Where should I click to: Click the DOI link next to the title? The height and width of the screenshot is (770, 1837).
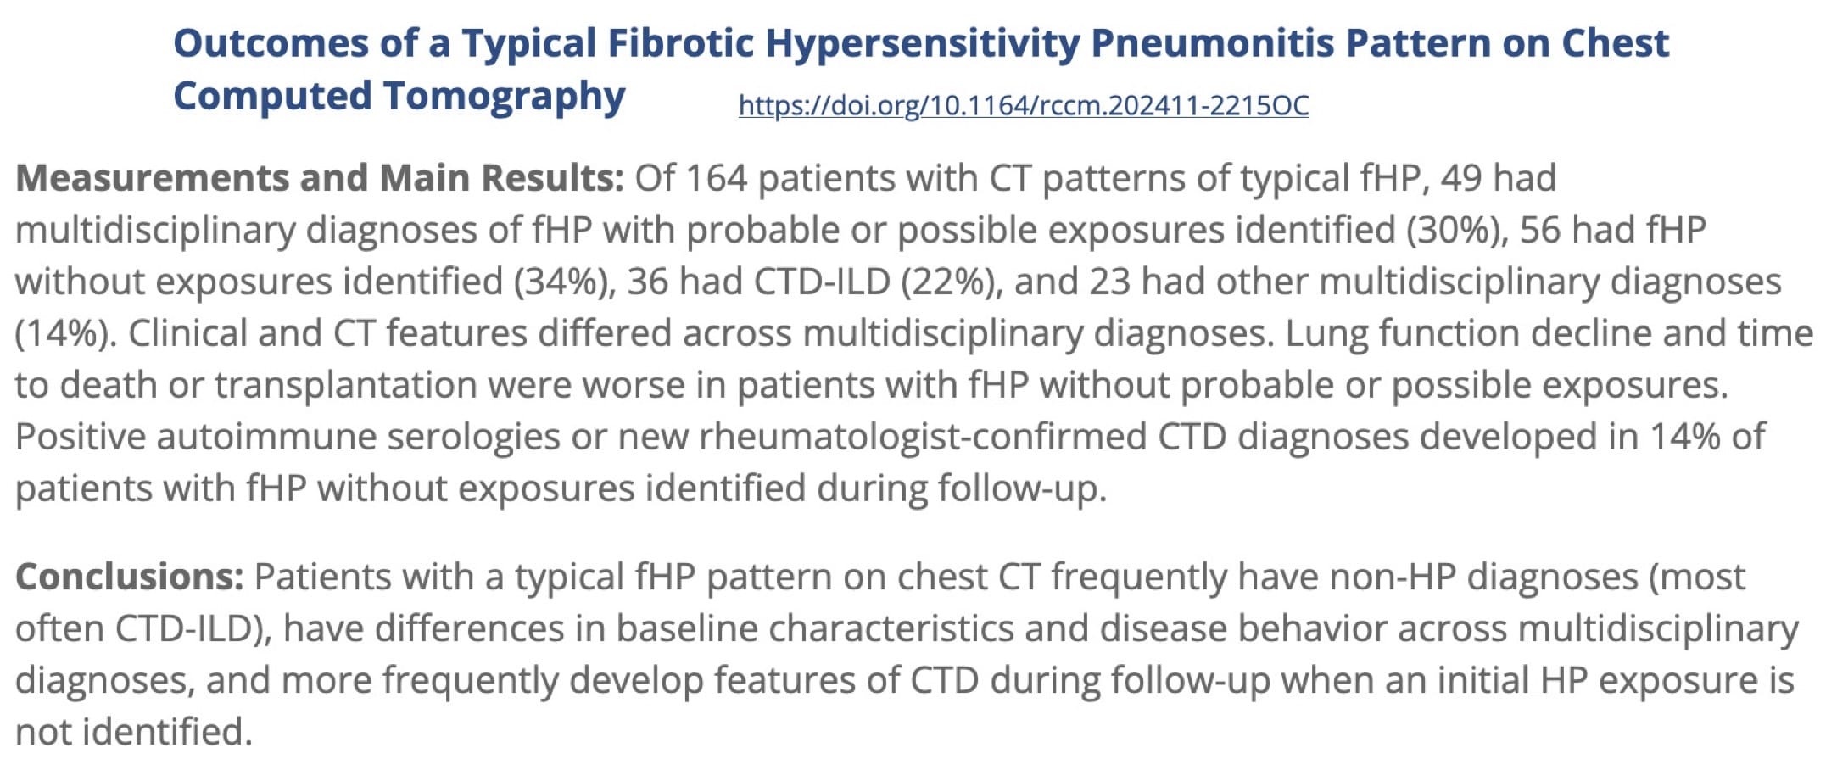[x=1024, y=105]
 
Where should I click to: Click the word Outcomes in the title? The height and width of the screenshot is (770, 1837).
[x=271, y=42]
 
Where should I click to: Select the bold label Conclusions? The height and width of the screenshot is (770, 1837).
[x=130, y=577]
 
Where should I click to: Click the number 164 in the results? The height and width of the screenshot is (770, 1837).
[x=716, y=178]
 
